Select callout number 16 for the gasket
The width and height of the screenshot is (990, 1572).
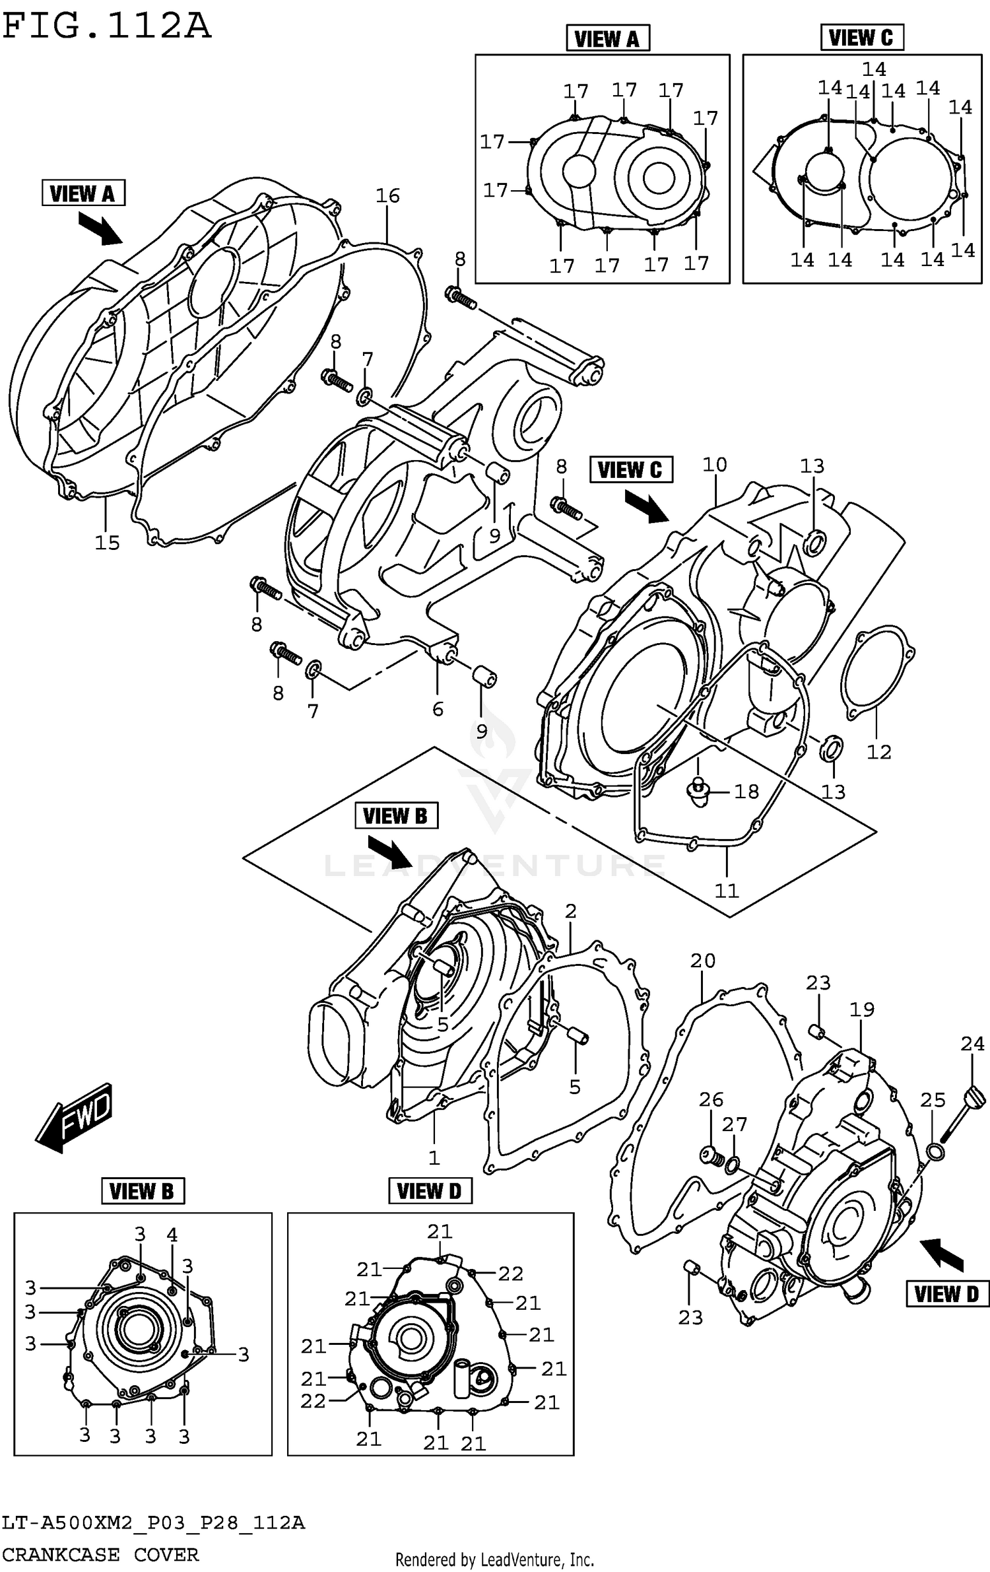tap(387, 195)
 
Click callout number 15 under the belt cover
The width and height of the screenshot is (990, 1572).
tap(107, 543)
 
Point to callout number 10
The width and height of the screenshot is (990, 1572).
tap(714, 465)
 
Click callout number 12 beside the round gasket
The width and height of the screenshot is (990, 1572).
tap(878, 751)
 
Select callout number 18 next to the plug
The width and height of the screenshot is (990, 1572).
tap(746, 791)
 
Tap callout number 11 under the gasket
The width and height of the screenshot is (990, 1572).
tap(727, 891)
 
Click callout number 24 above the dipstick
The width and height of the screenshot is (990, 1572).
tap(972, 1044)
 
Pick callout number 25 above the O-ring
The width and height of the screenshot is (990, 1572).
tap(933, 1100)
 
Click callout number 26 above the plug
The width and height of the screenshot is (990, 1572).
tap(711, 1099)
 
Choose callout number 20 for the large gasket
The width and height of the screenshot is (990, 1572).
tap(702, 961)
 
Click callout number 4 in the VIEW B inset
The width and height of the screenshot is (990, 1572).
tap(172, 1235)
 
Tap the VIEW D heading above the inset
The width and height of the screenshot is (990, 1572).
tap(430, 1191)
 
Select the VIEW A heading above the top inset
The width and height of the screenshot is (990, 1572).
tap(607, 39)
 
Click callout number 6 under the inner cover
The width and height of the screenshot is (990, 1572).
tap(438, 709)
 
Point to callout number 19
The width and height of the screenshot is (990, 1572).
tap(861, 1009)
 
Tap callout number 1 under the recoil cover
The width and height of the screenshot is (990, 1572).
tap(434, 1157)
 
